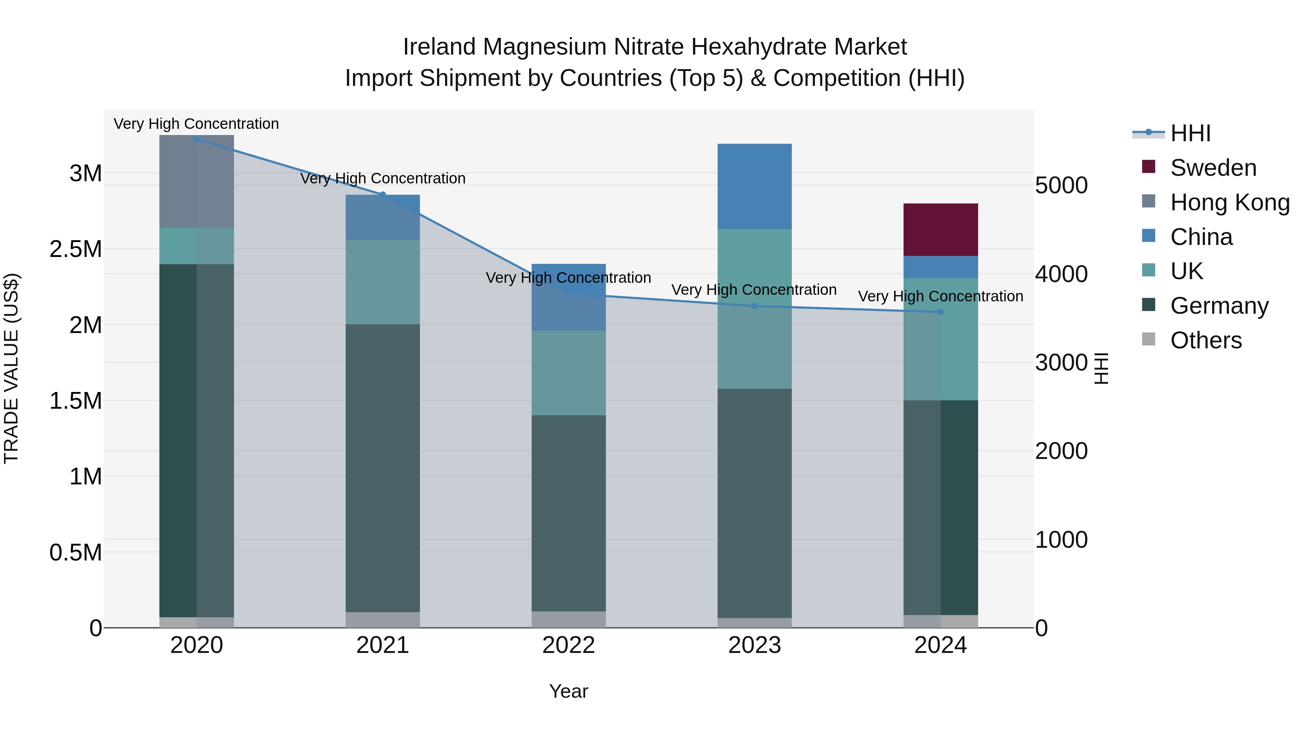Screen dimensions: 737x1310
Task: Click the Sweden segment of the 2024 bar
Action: click(940, 229)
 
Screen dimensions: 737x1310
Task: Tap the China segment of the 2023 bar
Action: click(754, 186)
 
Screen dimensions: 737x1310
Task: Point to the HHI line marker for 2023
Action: click(755, 306)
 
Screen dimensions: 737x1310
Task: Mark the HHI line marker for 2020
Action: click(197, 139)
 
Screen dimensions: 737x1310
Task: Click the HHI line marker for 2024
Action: click(940, 312)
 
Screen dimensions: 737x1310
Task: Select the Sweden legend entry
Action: click(1213, 168)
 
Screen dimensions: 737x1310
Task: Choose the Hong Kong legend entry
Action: click(1229, 202)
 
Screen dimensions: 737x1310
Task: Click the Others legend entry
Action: click(1205, 340)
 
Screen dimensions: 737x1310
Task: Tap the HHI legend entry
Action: click(1190, 133)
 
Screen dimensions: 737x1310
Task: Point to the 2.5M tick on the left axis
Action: click(75, 249)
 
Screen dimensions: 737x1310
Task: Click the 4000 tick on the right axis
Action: click(1061, 274)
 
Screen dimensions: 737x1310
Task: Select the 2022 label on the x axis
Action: click(568, 645)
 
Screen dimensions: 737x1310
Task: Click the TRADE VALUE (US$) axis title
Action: click(11, 368)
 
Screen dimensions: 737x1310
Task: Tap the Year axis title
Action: click(568, 691)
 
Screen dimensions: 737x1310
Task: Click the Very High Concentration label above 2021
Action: click(382, 179)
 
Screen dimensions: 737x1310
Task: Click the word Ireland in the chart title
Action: click(440, 47)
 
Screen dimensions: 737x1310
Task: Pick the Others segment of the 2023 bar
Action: click(754, 623)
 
